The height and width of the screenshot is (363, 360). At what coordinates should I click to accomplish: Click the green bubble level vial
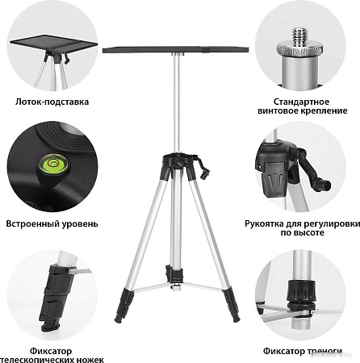click(48, 168)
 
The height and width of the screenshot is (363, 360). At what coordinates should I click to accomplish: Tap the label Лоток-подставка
click(52, 102)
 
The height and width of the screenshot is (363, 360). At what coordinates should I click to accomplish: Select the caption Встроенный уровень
click(52, 223)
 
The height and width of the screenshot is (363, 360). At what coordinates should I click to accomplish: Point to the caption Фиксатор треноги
click(307, 352)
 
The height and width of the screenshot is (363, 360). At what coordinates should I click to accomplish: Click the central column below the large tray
click(175, 105)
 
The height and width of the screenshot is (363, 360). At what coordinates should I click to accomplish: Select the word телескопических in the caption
click(48, 357)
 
